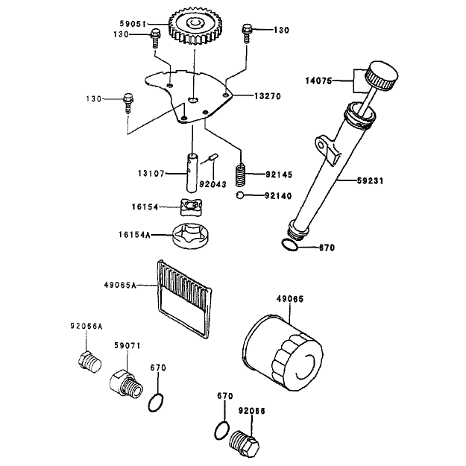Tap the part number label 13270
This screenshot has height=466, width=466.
(267, 96)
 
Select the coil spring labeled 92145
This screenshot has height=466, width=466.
(241, 174)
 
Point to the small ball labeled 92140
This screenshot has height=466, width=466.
(240, 195)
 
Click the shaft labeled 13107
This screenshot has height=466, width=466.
(192, 173)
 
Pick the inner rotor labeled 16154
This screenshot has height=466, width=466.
(191, 207)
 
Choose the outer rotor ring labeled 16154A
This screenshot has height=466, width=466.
(190, 236)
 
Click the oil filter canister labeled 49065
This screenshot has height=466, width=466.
(283, 353)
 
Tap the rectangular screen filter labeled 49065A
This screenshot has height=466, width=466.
(184, 299)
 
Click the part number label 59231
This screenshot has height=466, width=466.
(370, 180)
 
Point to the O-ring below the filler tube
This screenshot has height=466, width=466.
(289, 245)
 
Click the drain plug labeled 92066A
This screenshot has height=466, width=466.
(89, 362)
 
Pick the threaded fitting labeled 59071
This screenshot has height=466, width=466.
(126, 384)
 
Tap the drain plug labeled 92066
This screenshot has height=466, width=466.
(245, 444)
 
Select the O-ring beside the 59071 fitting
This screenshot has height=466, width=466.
(156, 403)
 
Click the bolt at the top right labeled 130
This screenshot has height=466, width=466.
(247, 33)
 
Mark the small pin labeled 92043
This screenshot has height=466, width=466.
(214, 157)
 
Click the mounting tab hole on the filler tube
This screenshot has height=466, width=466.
(321, 145)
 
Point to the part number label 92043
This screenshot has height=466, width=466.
(212, 184)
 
